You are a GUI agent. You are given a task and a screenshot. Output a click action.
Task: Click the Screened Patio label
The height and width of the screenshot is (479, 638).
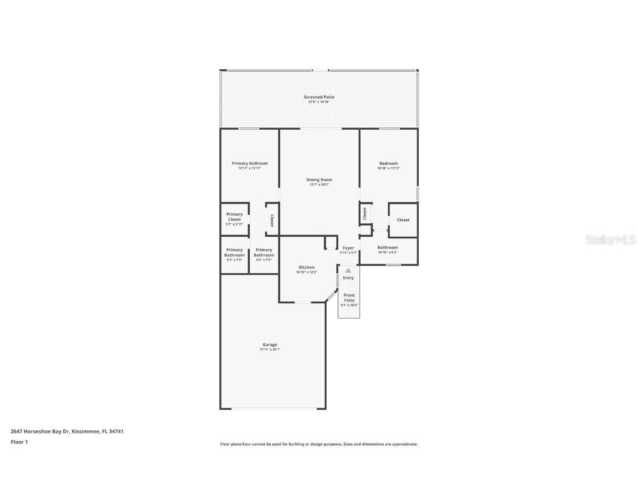point(318,97)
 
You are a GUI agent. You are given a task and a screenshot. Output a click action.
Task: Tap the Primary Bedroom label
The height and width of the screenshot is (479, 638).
point(249,164)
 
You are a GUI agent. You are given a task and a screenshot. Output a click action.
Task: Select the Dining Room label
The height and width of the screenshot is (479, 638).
point(319,180)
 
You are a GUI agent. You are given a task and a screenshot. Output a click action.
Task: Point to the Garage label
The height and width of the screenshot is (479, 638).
point(270,345)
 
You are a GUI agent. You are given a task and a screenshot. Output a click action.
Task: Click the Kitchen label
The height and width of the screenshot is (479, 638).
point(306,267)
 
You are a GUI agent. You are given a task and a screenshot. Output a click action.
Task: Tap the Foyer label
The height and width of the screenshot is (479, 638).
point(348,248)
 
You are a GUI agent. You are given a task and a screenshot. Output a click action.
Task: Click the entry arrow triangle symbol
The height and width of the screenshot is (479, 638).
point(348,271)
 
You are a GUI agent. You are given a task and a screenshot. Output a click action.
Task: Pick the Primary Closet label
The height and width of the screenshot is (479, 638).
point(234,217)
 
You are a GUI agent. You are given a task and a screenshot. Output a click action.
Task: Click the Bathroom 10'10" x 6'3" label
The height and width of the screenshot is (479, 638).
point(388,247)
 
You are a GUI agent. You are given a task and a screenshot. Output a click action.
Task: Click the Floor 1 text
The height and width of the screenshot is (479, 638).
point(19,442)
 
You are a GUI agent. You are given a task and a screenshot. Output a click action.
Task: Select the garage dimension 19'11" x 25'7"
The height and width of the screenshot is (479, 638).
point(270,350)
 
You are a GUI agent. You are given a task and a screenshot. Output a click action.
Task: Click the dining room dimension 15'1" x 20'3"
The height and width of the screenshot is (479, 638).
point(319,185)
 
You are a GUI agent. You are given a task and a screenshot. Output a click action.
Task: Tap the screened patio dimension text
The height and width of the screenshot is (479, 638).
point(318,102)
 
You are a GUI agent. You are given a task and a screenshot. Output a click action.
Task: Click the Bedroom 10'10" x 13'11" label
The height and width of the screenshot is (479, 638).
point(388,164)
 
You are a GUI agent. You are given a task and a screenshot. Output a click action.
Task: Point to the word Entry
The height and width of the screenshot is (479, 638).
point(348,278)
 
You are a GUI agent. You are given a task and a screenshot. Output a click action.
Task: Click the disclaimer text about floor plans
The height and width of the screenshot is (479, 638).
point(319,444)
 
